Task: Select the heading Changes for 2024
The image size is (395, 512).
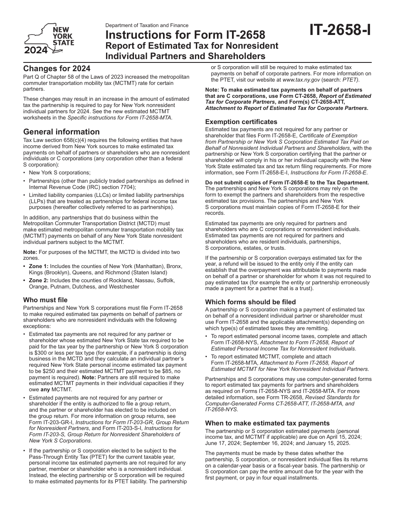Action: [x=57, y=68]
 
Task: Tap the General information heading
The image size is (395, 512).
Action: [x=62, y=132]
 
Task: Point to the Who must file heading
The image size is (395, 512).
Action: [x=45, y=300]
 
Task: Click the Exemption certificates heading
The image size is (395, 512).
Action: [x=241, y=122]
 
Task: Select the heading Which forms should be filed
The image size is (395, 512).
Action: [x=251, y=302]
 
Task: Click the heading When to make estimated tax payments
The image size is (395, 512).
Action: [x=267, y=423]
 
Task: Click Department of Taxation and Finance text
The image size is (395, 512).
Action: [x=147, y=25]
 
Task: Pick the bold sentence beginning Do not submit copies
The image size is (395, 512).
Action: [x=287, y=182]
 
